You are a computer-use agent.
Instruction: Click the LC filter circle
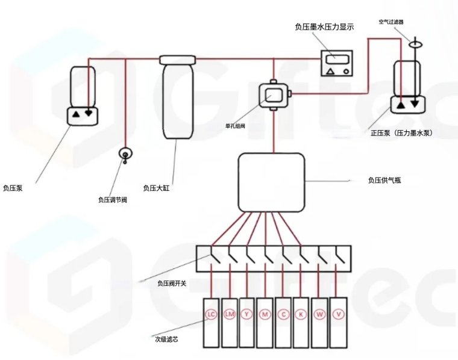coord(211,315)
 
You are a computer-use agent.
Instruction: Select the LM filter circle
coord(229,315)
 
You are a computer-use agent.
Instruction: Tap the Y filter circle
coord(246,315)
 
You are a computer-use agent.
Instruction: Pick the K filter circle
coord(301,315)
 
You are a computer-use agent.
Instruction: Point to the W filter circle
coord(320,315)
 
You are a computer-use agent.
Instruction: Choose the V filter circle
coord(339,315)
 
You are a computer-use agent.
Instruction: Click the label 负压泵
coord(13,188)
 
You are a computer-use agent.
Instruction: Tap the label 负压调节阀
coord(112,199)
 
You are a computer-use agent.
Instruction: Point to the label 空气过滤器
coord(391,22)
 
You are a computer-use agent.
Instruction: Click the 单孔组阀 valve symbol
coord(275,95)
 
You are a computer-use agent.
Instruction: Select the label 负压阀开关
coord(172,282)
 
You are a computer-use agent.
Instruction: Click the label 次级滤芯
coord(166,339)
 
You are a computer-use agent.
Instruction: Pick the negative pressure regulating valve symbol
coord(125,154)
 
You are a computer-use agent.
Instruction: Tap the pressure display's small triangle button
coord(330,71)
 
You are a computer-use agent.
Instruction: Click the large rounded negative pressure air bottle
coord(271,182)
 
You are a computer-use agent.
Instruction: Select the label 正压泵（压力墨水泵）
coord(401,132)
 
